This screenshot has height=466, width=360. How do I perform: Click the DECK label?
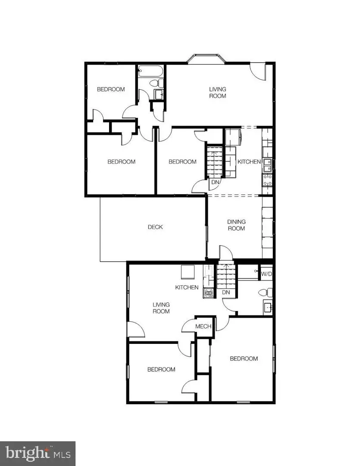point(155,227)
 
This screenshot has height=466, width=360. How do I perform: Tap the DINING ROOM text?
point(236,225)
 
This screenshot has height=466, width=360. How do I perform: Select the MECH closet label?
point(203,326)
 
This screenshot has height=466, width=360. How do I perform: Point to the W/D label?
point(266,274)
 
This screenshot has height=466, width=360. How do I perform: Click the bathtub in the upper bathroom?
point(150,71)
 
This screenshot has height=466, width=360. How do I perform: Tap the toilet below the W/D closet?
point(266,293)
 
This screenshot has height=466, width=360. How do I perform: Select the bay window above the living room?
point(206,59)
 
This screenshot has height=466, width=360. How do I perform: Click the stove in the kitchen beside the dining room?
point(267,179)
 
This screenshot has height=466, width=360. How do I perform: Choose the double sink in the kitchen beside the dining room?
point(267,163)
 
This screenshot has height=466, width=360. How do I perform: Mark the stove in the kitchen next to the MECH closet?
point(209,293)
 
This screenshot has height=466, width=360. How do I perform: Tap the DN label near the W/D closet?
point(226,293)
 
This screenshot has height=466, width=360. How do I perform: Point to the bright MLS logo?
point(38,453)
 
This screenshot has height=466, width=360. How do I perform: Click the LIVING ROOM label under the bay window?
point(217,93)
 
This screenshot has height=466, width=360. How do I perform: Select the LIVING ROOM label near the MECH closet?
point(161,308)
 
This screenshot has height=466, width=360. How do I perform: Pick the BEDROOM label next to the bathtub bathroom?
point(111,89)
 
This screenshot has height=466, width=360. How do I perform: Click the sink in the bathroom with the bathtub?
point(159,95)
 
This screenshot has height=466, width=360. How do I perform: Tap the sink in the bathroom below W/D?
point(267,307)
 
